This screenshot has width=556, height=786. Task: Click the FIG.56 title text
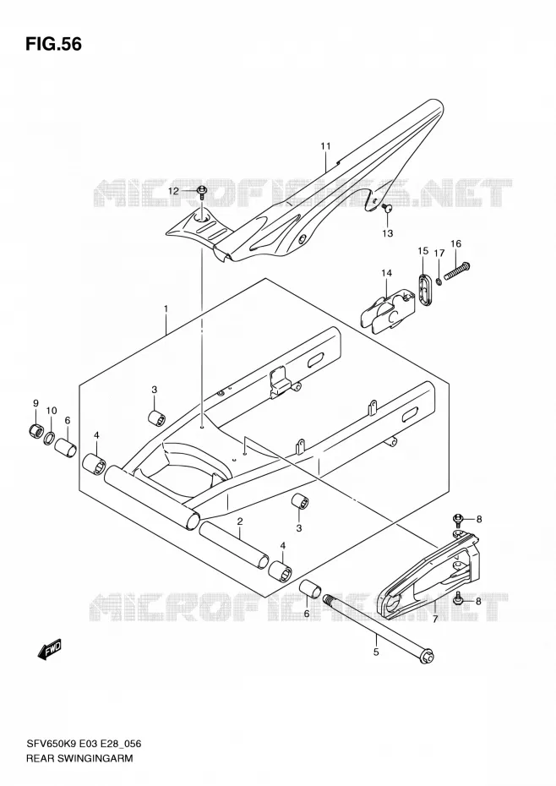coord(53,44)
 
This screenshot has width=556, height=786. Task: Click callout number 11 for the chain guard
coord(326,146)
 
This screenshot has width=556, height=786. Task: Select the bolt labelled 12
coord(202,192)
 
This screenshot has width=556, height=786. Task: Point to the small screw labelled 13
coord(387,208)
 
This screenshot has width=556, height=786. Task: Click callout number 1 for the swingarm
coord(166,308)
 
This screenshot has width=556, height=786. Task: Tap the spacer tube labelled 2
coord(233,545)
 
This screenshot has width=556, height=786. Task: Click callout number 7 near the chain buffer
coord(434,619)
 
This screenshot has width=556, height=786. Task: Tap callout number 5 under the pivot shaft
coord(376,652)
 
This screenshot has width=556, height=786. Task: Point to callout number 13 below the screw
coord(388,233)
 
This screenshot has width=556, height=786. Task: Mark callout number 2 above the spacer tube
coord(240,521)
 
